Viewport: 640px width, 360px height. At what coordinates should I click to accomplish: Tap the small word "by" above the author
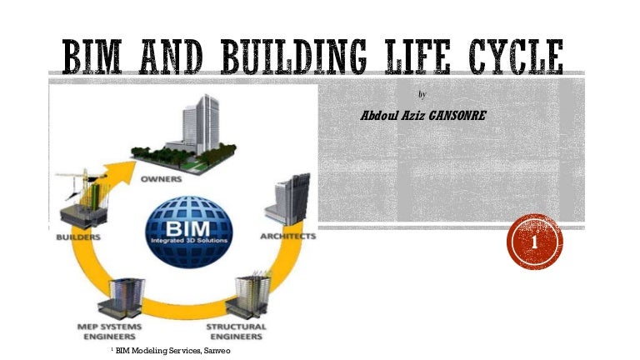[422, 94]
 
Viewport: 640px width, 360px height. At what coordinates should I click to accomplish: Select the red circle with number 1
[534, 241]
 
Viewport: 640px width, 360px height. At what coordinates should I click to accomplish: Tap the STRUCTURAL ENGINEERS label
[236, 331]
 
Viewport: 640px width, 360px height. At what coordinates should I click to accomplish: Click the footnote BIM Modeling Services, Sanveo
[171, 352]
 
